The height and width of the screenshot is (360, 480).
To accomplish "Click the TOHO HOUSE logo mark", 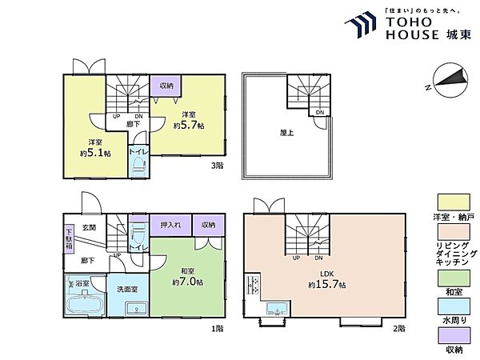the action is [x=361, y=25].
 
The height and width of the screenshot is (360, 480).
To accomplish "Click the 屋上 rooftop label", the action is [x=287, y=133].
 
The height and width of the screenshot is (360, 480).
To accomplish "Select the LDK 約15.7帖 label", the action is [x=327, y=280].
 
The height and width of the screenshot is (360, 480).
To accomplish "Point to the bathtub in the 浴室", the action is [x=86, y=304].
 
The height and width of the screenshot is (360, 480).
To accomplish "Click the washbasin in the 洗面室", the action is [x=136, y=309].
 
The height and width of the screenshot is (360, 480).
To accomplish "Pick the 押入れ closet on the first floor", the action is [x=170, y=225].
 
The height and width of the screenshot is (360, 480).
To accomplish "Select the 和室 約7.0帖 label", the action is [x=187, y=277].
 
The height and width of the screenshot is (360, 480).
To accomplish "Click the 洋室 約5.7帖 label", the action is [x=189, y=120].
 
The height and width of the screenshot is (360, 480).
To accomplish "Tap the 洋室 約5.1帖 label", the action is [x=95, y=148].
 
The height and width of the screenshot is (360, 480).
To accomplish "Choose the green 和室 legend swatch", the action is [x=454, y=278].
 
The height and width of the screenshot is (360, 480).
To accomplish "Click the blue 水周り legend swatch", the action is [x=454, y=306].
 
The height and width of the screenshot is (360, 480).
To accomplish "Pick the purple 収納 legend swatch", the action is [x=454, y=335].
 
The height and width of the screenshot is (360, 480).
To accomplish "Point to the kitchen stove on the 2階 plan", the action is [x=254, y=285].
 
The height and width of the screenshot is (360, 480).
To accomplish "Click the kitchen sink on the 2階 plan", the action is [x=278, y=308].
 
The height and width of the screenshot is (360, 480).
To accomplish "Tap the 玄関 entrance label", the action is [x=89, y=227].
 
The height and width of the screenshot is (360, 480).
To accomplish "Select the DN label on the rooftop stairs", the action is [x=320, y=112].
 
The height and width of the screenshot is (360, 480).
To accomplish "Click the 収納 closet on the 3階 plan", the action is [x=166, y=86].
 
